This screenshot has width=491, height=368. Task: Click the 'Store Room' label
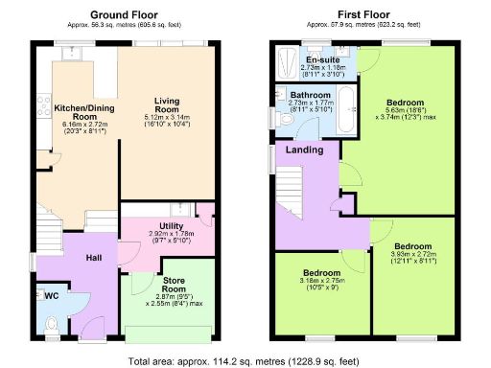pyautogui.click(x=174, y=284)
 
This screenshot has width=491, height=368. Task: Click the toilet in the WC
pyautogui.click(x=50, y=324)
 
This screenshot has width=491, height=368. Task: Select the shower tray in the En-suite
pyautogui.click(x=285, y=63)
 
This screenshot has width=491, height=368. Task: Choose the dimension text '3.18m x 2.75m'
pyautogui.click(x=322, y=282)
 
